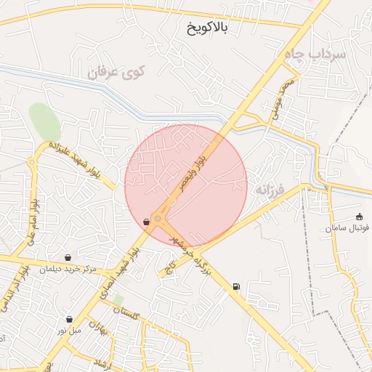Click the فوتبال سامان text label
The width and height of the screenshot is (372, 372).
tap(347, 227)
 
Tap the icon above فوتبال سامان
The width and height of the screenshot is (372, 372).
tap(359, 216)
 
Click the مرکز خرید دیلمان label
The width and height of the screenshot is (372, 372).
tap(68, 269)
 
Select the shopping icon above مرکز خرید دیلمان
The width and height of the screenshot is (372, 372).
tap(68, 257)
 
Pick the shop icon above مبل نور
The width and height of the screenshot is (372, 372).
tap(69, 319)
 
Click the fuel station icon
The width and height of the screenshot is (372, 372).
tap(236, 287)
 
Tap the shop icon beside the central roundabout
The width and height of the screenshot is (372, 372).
tap(147, 222)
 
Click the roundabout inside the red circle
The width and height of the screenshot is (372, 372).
tap(158, 217)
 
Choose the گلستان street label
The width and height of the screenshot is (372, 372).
tap(126, 313)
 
